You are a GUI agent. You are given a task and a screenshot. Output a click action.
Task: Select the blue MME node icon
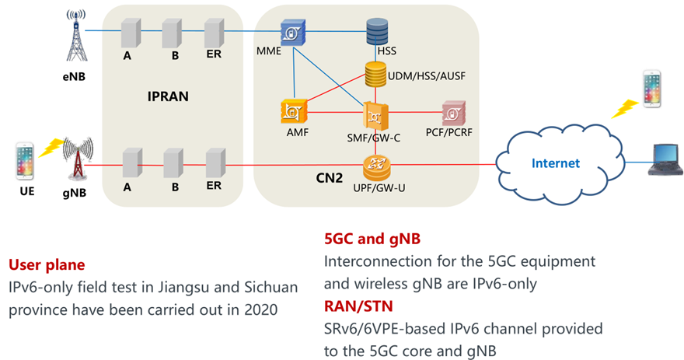(292, 34)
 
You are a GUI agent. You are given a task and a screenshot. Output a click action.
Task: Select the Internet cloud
(556, 162)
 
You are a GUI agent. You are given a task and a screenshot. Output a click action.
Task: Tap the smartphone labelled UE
(25, 163)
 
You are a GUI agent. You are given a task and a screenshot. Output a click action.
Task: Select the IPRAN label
(169, 98)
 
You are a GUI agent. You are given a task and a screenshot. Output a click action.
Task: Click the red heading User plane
(46, 264)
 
